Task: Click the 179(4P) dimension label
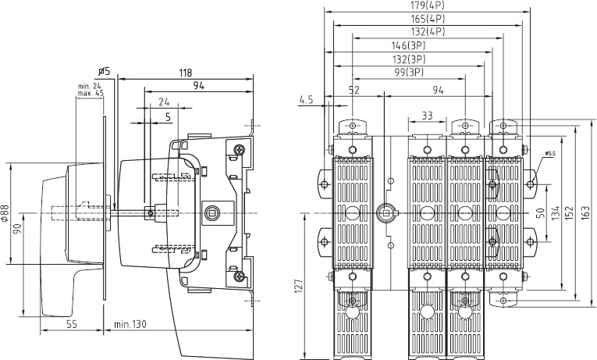(x=428, y=5)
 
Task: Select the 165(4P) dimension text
(x=428, y=18)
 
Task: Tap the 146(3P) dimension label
(x=408, y=46)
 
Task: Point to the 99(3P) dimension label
(x=409, y=72)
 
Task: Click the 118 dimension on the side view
(x=186, y=73)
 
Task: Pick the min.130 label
(x=130, y=324)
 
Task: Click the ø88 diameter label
(x=5, y=213)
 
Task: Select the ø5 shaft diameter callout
(x=104, y=71)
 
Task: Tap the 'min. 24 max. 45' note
(x=91, y=90)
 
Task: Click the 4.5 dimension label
(x=306, y=100)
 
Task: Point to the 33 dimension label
(x=427, y=115)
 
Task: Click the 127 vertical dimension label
(x=298, y=286)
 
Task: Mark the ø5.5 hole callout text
(x=550, y=154)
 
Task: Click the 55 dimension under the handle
(x=72, y=324)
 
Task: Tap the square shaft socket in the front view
(x=385, y=213)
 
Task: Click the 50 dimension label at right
(x=540, y=213)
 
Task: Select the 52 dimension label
(x=354, y=90)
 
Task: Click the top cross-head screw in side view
(x=240, y=149)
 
